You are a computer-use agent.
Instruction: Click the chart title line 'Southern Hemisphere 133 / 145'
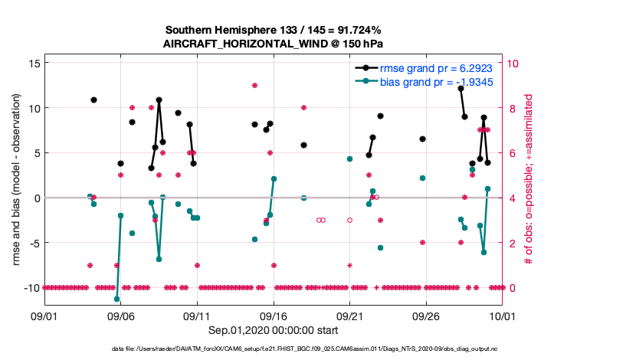coord(272,29)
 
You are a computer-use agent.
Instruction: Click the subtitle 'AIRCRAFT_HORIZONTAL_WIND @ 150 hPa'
coord(272,43)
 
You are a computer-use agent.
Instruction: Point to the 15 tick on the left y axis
coord(33,63)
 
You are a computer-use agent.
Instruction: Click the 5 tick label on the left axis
coord(36,152)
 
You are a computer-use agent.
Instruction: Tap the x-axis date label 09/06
coord(120,315)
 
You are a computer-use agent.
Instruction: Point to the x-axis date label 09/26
coord(425,315)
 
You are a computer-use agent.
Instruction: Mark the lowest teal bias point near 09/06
coord(116,299)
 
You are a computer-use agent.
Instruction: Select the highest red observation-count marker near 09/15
coord(254,85)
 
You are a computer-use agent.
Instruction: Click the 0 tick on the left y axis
coord(36,198)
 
